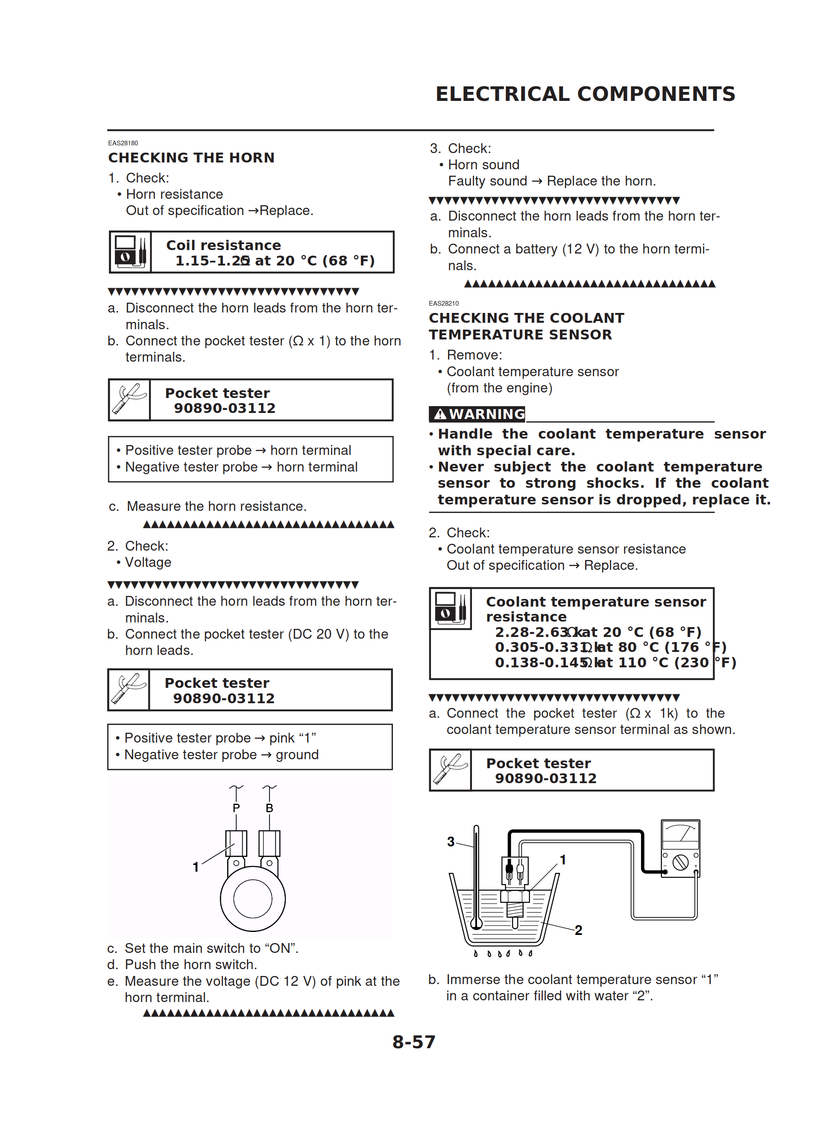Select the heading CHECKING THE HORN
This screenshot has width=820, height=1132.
click(191, 158)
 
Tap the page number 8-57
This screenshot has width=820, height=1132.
click(413, 1042)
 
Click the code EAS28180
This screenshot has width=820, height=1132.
click(123, 143)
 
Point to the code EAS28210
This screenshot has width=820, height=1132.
click(443, 304)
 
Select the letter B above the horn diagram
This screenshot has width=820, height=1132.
click(269, 808)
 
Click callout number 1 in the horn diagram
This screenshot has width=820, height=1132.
click(196, 867)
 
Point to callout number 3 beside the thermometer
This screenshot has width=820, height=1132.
click(451, 841)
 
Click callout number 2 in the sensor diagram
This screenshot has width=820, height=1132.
click(578, 930)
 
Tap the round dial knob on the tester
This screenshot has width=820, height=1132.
click(680, 862)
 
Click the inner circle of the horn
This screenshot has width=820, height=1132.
click(252, 899)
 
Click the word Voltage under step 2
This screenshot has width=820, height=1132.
click(148, 563)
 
